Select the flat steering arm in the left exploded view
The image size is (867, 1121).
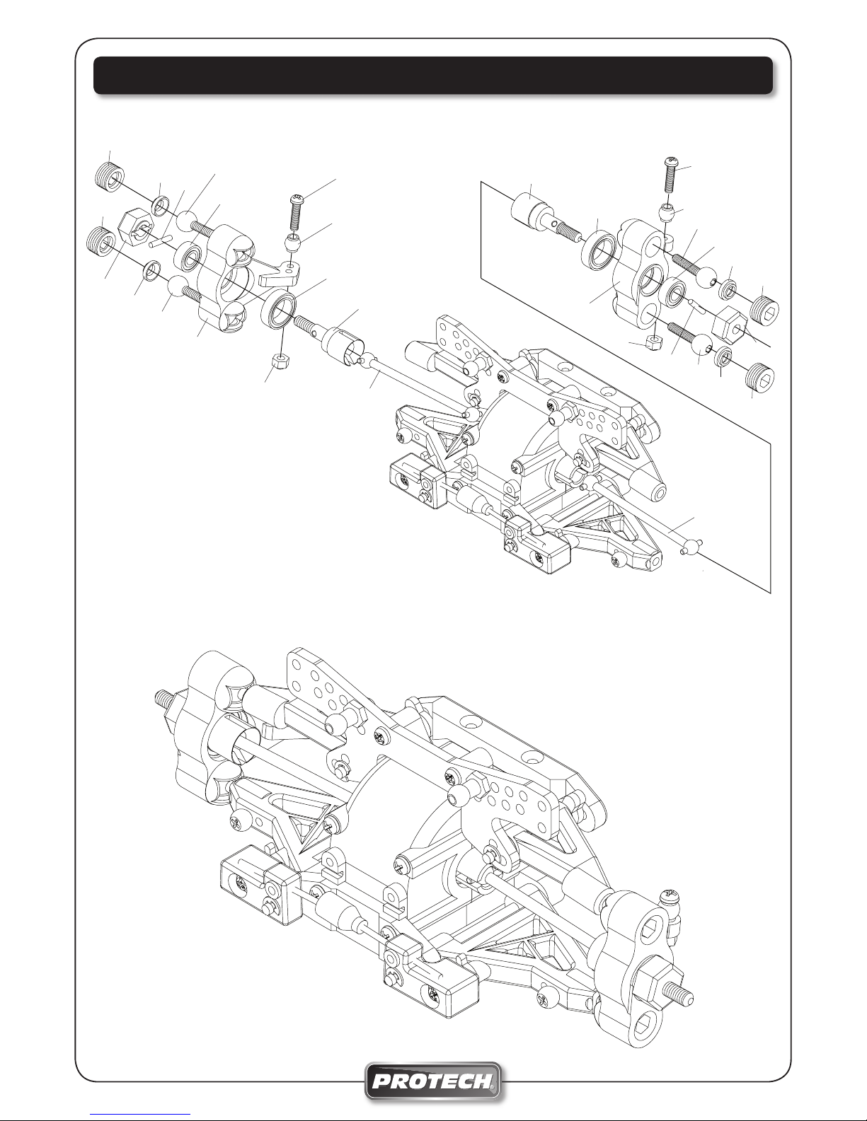[x=282, y=268]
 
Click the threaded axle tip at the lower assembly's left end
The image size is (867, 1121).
[x=163, y=702]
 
